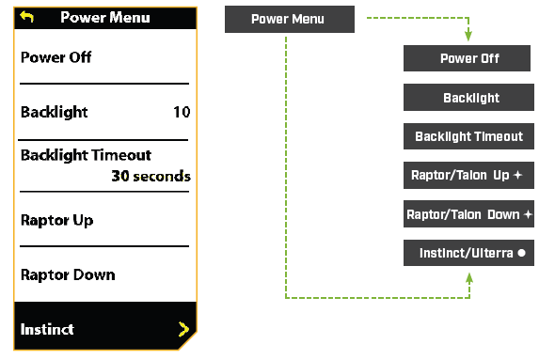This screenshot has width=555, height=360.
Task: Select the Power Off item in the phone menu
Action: pyautogui.click(x=57, y=57)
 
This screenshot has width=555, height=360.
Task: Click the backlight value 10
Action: pyautogui.click(x=182, y=112)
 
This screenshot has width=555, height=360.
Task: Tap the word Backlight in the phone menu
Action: pyautogui.click(x=54, y=112)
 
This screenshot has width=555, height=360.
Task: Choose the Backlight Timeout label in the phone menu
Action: pyautogui.click(x=86, y=155)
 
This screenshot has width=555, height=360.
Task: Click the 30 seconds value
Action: pyautogui.click(x=151, y=176)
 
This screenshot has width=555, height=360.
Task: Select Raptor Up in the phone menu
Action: pyautogui.click(x=56, y=220)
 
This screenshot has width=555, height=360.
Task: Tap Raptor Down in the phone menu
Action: pyautogui.click(x=68, y=274)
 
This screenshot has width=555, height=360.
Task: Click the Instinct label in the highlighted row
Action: pyautogui.click(x=47, y=329)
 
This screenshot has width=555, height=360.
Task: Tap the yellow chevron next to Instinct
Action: pyautogui.click(x=182, y=329)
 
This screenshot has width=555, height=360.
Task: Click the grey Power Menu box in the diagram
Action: pyautogui.click(x=290, y=19)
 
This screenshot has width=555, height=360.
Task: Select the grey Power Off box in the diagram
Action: pyautogui.click(x=468, y=59)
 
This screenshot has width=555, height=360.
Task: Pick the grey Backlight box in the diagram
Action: pyautogui.click(x=468, y=98)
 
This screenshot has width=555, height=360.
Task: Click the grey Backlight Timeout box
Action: pyautogui.click(x=468, y=136)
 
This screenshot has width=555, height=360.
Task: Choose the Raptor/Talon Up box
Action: pyautogui.click(x=468, y=175)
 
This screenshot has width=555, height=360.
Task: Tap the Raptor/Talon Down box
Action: pyautogui.click(x=468, y=214)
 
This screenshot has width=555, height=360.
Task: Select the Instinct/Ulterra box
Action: pyautogui.click(x=468, y=253)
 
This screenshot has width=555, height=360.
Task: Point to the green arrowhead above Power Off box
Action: pyautogui.click(x=468, y=39)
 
